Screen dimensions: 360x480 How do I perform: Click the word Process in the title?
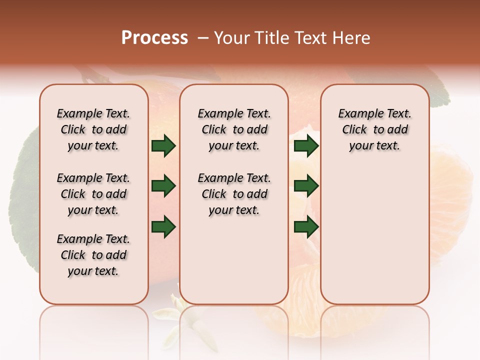(x=154, y=38)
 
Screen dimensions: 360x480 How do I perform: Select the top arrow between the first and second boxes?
(x=163, y=146)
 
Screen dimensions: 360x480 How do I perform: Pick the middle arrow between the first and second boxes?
(x=163, y=186)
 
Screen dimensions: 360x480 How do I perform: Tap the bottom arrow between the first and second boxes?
(x=163, y=226)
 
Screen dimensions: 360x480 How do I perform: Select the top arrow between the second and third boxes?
(x=306, y=146)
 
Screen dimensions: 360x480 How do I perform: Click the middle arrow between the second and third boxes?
(x=306, y=186)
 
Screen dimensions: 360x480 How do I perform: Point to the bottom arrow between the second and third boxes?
(x=306, y=226)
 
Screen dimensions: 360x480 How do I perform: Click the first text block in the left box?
(x=93, y=129)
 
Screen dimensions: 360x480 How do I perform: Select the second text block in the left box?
(x=93, y=194)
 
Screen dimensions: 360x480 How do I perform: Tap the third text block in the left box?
(x=93, y=255)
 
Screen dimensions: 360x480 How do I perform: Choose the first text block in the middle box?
(x=234, y=129)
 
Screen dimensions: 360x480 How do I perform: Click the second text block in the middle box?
(x=234, y=194)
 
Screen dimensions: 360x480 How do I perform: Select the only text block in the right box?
(x=374, y=129)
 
